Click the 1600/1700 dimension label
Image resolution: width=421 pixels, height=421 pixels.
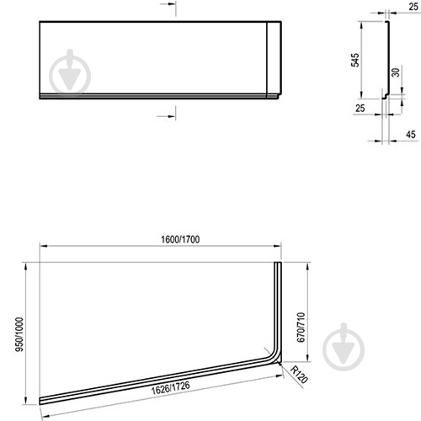tap(180, 239)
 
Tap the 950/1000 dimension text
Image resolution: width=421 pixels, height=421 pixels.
tap(19, 334)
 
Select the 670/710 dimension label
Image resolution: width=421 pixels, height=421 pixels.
tap(301, 328)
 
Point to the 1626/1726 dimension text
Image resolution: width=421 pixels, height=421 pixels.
tap(170, 387)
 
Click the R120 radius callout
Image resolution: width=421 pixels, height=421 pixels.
tap(299, 375)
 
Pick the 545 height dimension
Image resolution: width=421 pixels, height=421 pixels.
tap(355, 60)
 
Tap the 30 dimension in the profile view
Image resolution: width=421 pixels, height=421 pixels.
tap(396, 72)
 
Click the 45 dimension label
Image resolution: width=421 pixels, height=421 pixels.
tap(411, 135)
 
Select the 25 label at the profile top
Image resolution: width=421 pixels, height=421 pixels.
tap(413, 7)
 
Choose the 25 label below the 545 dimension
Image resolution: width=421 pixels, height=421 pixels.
tap(360, 108)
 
